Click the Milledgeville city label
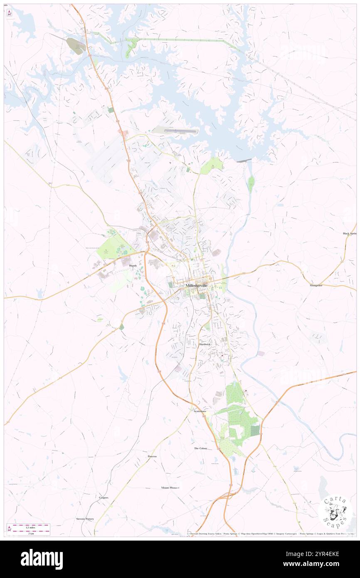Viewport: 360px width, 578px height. [197, 286]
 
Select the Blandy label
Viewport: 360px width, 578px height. [133, 265]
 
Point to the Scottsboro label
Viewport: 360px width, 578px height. [200, 411]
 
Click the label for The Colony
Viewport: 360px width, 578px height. [200, 449]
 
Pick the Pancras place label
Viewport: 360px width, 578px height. [152, 457]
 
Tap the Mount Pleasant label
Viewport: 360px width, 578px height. [170, 487]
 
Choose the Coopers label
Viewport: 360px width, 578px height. [104, 498]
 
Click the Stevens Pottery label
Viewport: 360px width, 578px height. [85, 519]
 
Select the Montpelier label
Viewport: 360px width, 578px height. [316, 286]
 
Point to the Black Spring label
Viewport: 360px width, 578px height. [350, 234]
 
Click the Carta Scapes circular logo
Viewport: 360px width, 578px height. [335, 512]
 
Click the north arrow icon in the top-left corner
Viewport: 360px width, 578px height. [10, 12]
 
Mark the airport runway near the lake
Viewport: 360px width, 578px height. [180, 131]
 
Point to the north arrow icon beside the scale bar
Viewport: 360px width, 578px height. [9, 529]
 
